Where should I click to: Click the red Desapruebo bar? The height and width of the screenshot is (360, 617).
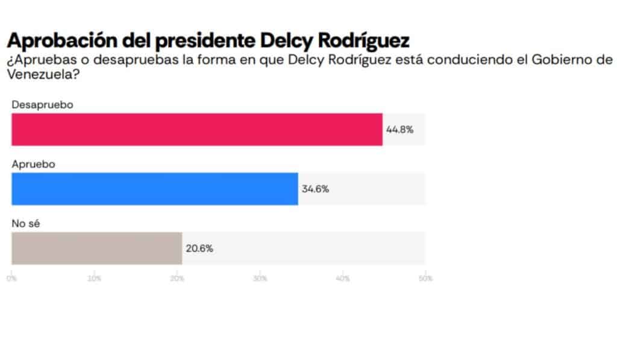[x=196, y=129]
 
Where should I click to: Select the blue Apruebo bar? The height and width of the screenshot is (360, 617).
[x=154, y=189]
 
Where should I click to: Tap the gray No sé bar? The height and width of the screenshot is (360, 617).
[x=96, y=248]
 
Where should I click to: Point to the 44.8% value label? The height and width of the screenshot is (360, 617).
[x=399, y=129]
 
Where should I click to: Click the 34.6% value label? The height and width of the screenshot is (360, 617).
[x=315, y=189]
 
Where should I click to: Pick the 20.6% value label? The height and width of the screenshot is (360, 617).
[x=199, y=248]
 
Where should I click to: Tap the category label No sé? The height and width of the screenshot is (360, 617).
[x=25, y=223]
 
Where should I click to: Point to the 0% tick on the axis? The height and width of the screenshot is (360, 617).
[x=11, y=279]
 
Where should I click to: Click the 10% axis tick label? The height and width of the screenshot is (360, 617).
[x=95, y=279]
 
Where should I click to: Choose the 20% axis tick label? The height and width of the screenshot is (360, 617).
[x=177, y=279]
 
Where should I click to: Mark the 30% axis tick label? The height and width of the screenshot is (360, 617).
[x=260, y=279]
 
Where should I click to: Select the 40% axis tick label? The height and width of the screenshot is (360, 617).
[x=343, y=279]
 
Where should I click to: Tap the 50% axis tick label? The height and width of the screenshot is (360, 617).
[x=425, y=279]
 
